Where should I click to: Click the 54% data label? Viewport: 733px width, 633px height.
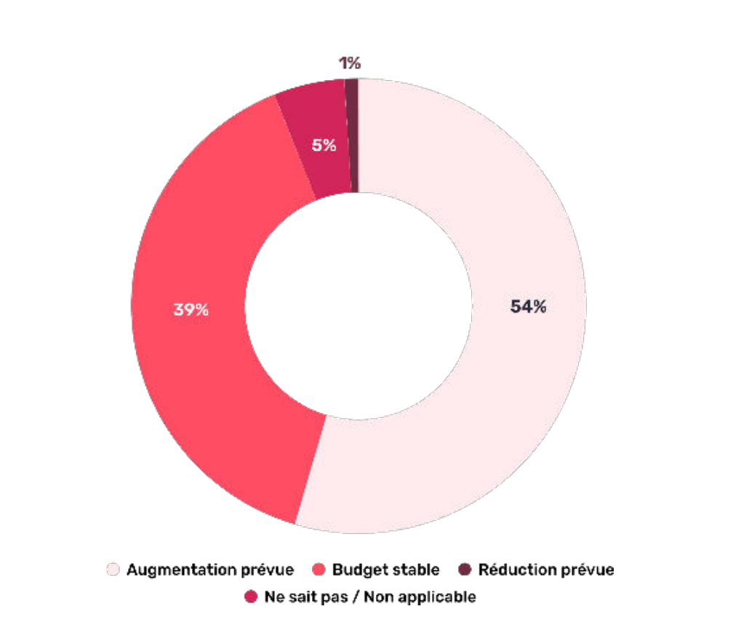coord(528,306)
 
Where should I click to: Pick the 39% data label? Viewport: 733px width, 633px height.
coord(191,309)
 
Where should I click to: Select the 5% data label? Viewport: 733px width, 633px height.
coord(324,145)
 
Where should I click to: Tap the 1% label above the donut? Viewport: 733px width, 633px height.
coord(350,63)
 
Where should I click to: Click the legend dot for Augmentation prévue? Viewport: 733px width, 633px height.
coord(113,570)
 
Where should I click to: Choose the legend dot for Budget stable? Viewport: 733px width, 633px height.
coord(317,570)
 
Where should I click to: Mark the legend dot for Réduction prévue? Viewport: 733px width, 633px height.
coord(465,570)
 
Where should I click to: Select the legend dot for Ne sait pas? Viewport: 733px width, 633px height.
coord(252,597)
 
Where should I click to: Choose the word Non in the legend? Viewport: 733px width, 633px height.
coord(376,597)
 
